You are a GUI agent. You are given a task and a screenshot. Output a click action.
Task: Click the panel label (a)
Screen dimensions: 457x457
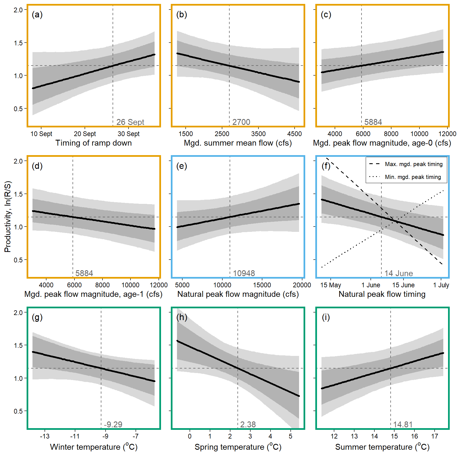coord(37,15)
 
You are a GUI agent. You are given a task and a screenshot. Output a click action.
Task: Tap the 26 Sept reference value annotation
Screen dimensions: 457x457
coord(130,122)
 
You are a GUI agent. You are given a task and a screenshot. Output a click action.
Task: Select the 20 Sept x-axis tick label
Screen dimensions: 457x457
coord(85,134)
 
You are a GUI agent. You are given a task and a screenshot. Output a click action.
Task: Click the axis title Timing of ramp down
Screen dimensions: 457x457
coord(94,143)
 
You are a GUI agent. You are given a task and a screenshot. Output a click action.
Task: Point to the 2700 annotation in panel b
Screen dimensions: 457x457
coord(241,122)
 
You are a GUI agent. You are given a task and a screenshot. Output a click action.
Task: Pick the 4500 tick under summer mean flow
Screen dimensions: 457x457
coord(295,134)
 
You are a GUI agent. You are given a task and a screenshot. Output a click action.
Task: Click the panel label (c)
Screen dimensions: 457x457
coord(326,15)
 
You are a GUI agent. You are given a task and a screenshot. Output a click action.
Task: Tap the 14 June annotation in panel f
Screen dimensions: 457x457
coord(398,273)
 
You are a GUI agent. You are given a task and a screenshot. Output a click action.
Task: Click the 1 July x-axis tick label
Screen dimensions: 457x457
coord(441,285)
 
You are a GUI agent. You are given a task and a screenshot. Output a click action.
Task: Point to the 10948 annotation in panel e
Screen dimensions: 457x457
coord(244,273)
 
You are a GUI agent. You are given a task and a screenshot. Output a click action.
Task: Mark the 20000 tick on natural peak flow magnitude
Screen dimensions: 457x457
coord(302,285)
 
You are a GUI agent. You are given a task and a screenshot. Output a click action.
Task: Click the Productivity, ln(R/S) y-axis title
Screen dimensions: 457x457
coord(8,217)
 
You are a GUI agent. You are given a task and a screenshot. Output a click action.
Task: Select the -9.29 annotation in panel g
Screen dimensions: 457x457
coord(113,425)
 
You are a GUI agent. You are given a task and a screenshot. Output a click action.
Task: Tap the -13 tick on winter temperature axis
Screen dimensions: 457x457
coord(45,436)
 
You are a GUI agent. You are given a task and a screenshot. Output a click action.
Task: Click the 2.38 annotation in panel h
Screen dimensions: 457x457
coord(248,425)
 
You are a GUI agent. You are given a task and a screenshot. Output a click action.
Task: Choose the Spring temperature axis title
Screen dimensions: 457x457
coord(238,447)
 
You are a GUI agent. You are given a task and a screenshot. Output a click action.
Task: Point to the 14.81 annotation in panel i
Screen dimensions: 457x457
coord(403,425)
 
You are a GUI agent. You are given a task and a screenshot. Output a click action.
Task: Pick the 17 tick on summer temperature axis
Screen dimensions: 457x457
coord(435,436)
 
